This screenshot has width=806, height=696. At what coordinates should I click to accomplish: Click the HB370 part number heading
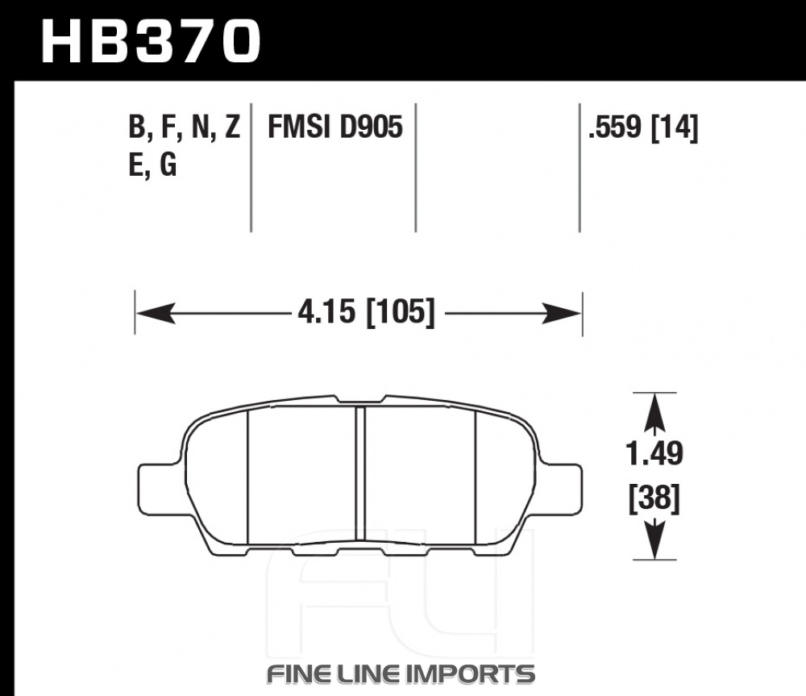[152, 41]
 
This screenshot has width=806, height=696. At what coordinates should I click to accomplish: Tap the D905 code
[371, 127]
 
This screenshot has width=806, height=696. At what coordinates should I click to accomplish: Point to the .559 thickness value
[615, 127]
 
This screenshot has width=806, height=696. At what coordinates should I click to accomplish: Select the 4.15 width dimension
[326, 312]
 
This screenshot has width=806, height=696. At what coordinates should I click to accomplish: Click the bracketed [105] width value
[401, 312]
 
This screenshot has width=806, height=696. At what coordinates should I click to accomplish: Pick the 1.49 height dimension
[654, 453]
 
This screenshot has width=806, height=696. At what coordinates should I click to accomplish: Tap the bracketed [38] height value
[654, 498]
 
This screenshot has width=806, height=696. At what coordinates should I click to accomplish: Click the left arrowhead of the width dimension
[156, 313]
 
